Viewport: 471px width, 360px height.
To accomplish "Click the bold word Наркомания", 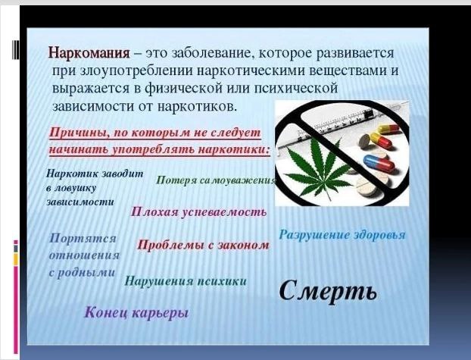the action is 89,53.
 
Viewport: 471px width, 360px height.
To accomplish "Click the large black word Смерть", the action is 328,291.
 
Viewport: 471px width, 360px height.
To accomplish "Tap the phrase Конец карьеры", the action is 136,313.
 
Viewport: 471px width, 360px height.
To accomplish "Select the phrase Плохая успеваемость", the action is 198,212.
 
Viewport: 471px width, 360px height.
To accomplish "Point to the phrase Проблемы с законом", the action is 203,245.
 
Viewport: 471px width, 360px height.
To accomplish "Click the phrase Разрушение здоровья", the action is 342,235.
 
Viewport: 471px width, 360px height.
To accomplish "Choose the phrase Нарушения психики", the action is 186,281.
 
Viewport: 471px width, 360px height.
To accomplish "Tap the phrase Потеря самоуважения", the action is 216,180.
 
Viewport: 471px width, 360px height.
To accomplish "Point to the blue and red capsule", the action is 379,162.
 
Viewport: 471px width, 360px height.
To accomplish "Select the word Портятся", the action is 83,239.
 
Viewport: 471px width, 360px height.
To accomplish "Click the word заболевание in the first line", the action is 211,54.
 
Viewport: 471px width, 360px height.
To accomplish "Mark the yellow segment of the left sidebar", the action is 16,259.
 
